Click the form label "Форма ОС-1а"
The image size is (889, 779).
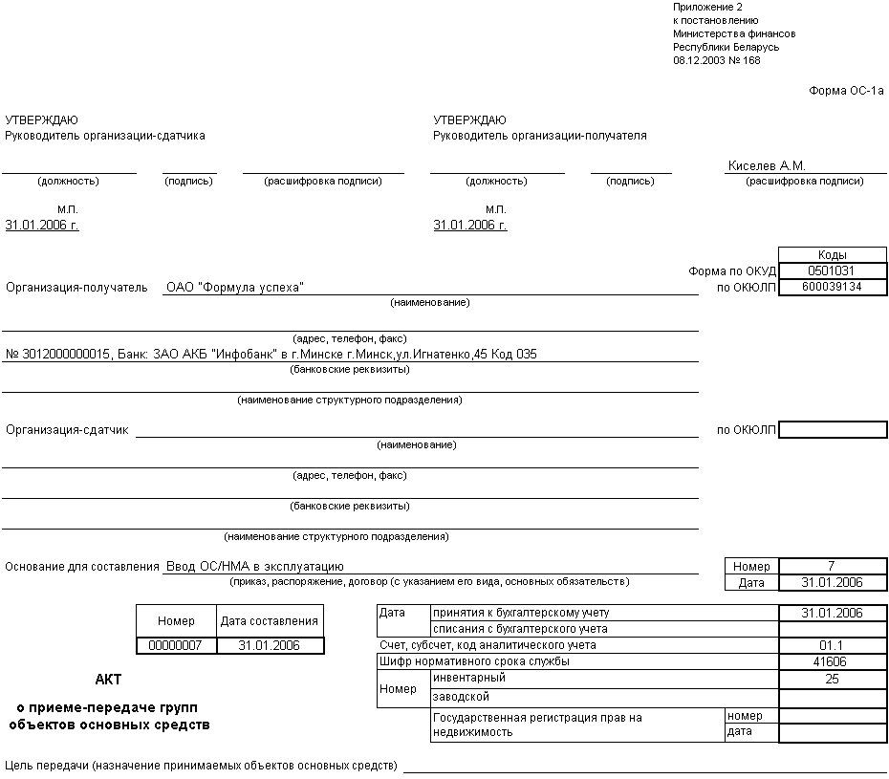(846, 91)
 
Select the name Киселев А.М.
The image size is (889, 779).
(767, 165)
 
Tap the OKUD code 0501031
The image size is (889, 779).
(832, 271)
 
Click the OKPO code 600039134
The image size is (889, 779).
(832, 287)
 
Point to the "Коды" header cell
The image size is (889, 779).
(832, 255)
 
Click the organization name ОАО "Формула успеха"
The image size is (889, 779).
(234, 288)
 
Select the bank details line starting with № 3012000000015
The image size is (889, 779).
(271, 355)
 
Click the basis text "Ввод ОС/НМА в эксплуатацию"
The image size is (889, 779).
(254, 567)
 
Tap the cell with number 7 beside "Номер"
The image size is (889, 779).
(832, 566)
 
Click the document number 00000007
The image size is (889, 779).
(176, 645)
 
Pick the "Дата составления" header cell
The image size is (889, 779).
(270, 621)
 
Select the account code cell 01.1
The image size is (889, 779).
(832, 645)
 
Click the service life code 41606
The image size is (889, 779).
(832, 661)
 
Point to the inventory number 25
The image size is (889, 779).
(832, 679)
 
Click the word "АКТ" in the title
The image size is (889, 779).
(108, 680)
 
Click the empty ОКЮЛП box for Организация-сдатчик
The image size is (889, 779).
(832, 430)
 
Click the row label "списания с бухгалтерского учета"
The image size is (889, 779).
(520, 629)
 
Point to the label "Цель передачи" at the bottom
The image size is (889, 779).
(48, 766)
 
